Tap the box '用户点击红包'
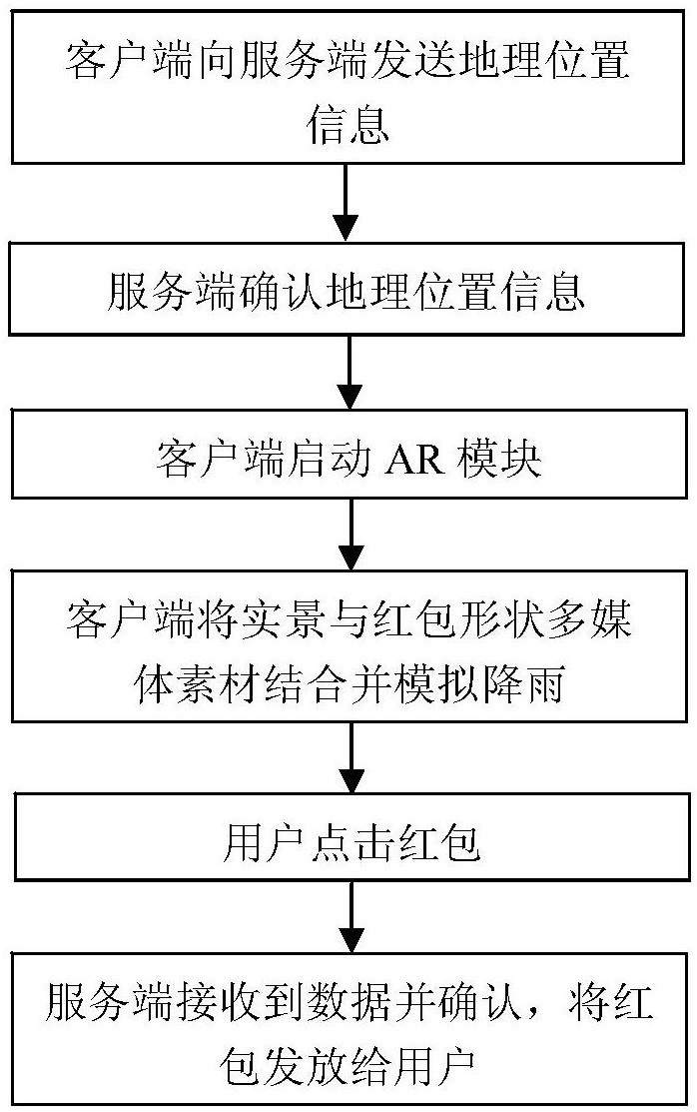(348, 845)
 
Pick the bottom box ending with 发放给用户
(348, 1029)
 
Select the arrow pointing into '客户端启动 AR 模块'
(348, 376)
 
